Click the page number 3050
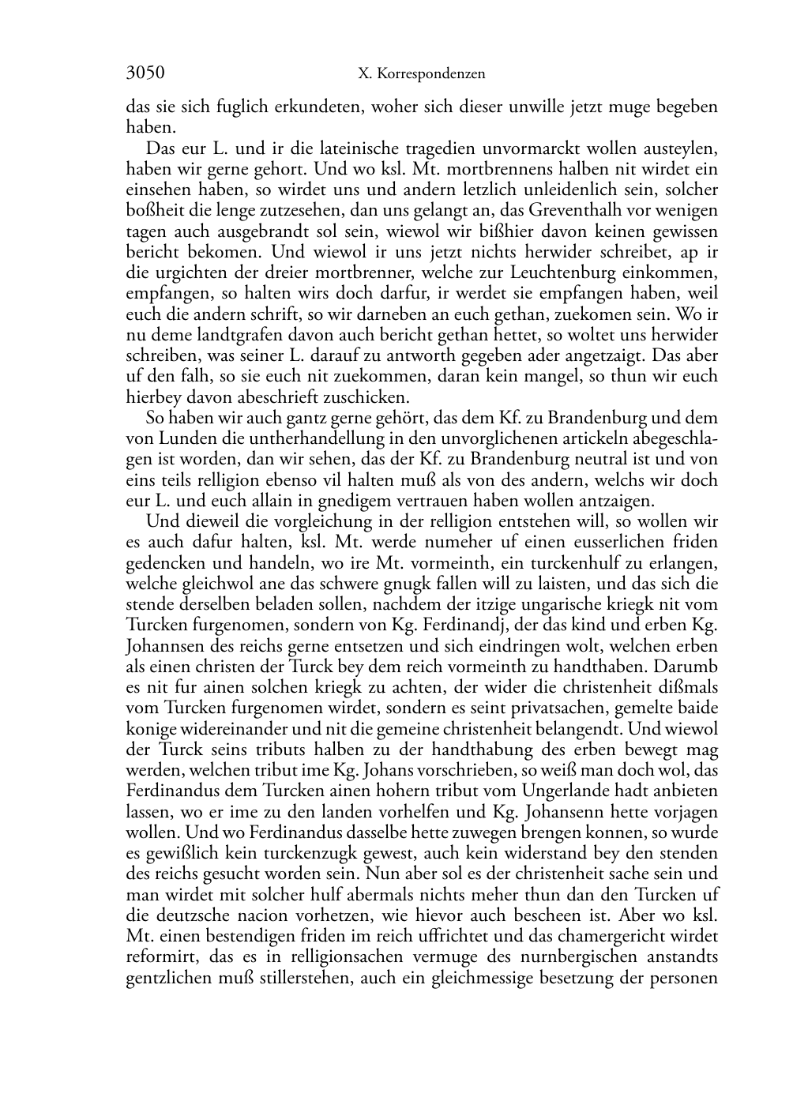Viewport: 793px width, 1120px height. click(x=145, y=73)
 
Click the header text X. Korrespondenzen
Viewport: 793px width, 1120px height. click(x=421, y=74)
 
